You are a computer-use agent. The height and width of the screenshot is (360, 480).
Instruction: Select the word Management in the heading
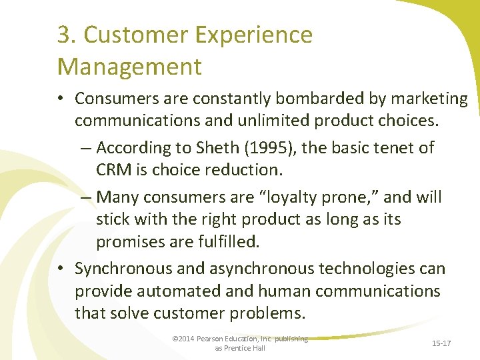tap(129, 67)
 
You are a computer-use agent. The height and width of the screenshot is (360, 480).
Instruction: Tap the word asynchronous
tap(255, 269)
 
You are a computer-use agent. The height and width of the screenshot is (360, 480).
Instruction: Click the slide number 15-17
tap(441, 343)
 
